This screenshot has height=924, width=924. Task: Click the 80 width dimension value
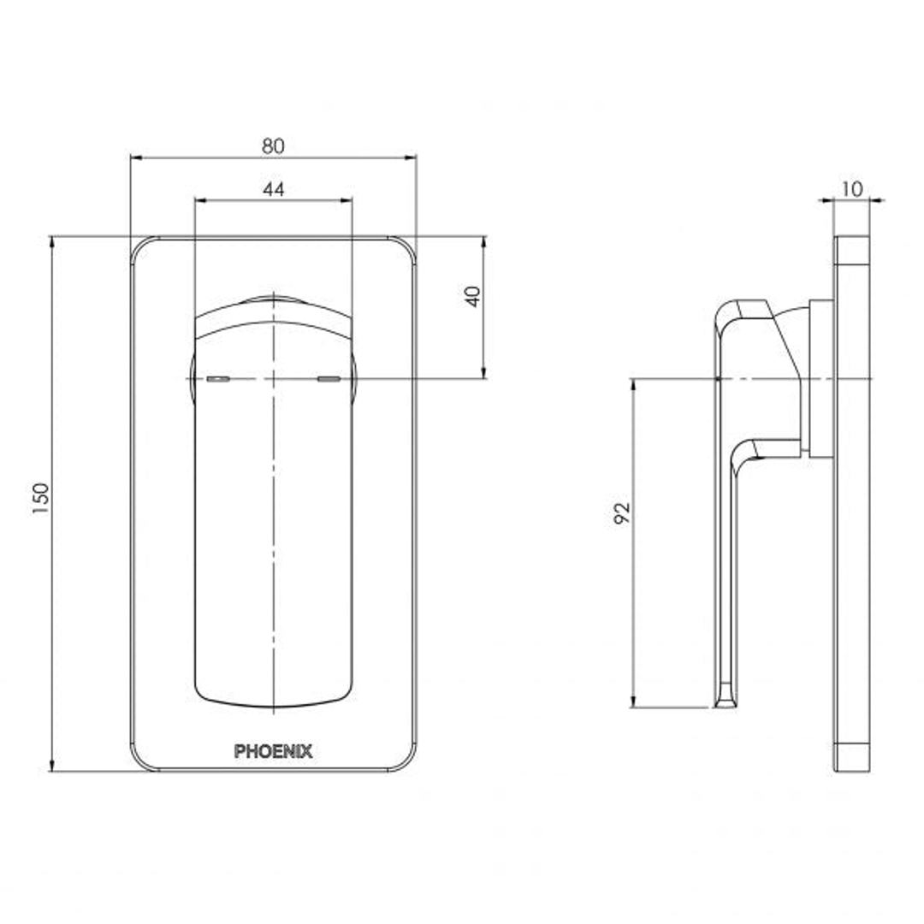pyautogui.click(x=273, y=145)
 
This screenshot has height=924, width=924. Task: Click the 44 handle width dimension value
pyautogui.click(x=273, y=189)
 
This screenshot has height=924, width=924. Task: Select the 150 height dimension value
pyautogui.click(x=41, y=498)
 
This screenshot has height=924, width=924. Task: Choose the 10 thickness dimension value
pyautogui.click(x=852, y=189)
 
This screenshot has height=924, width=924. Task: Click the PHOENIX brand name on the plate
pyautogui.click(x=273, y=751)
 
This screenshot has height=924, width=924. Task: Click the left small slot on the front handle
pyautogui.click(x=217, y=378)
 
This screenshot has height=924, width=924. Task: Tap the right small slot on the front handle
pyautogui.click(x=329, y=378)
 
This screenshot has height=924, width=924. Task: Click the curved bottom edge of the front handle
pyautogui.click(x=273, y=707)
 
